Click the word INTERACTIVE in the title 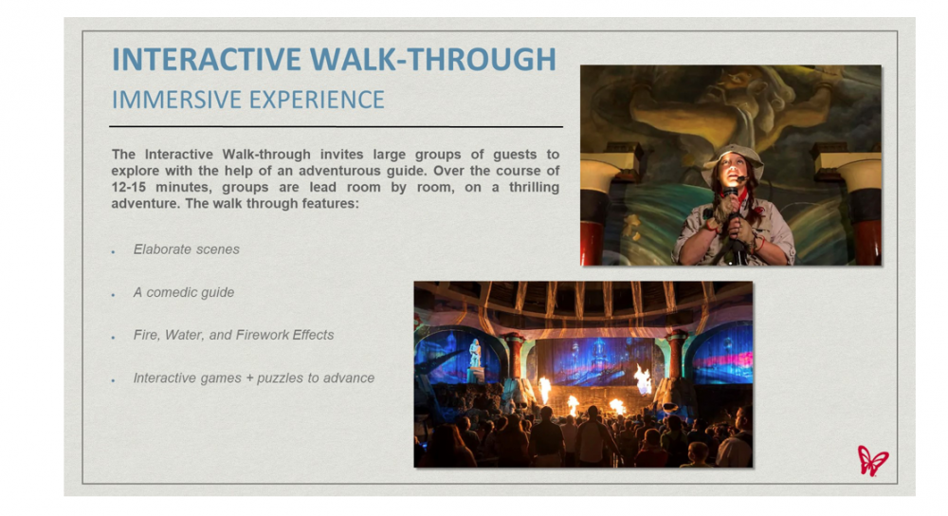(x=207, y=59)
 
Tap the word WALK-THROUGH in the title (x=433, y=59)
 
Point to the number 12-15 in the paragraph (x=129, y=187)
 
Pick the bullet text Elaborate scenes (x=186, y=249)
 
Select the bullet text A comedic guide (x=184, y=292)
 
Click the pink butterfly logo (x=872, y=461)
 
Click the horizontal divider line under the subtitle (x=337, y=126)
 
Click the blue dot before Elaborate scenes (x=113, y=251)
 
